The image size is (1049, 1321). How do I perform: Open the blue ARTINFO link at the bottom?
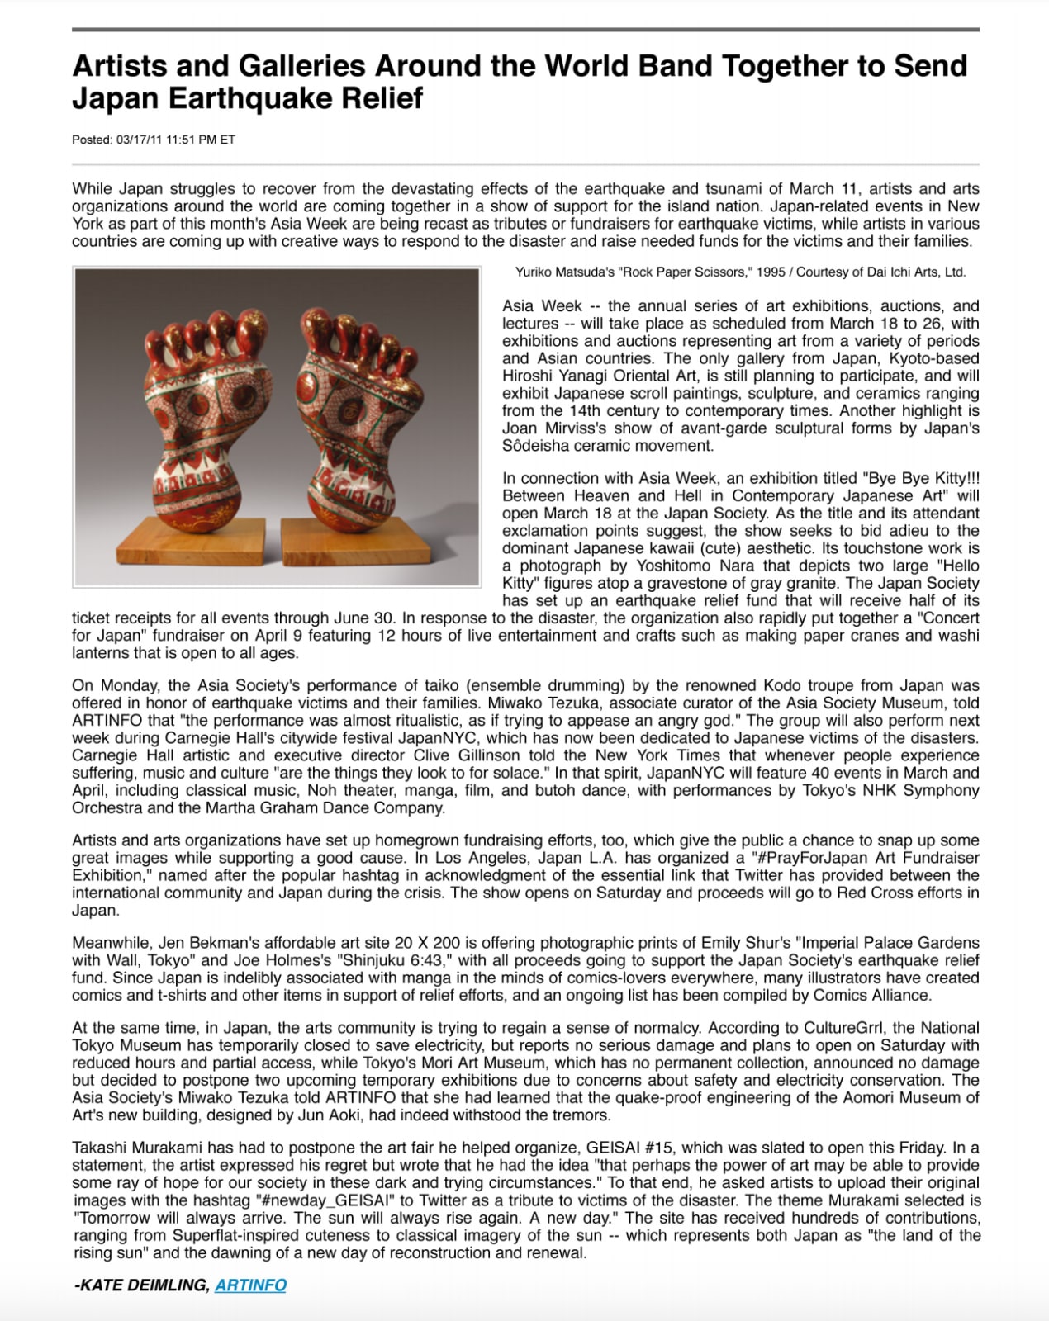point(250,1285)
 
